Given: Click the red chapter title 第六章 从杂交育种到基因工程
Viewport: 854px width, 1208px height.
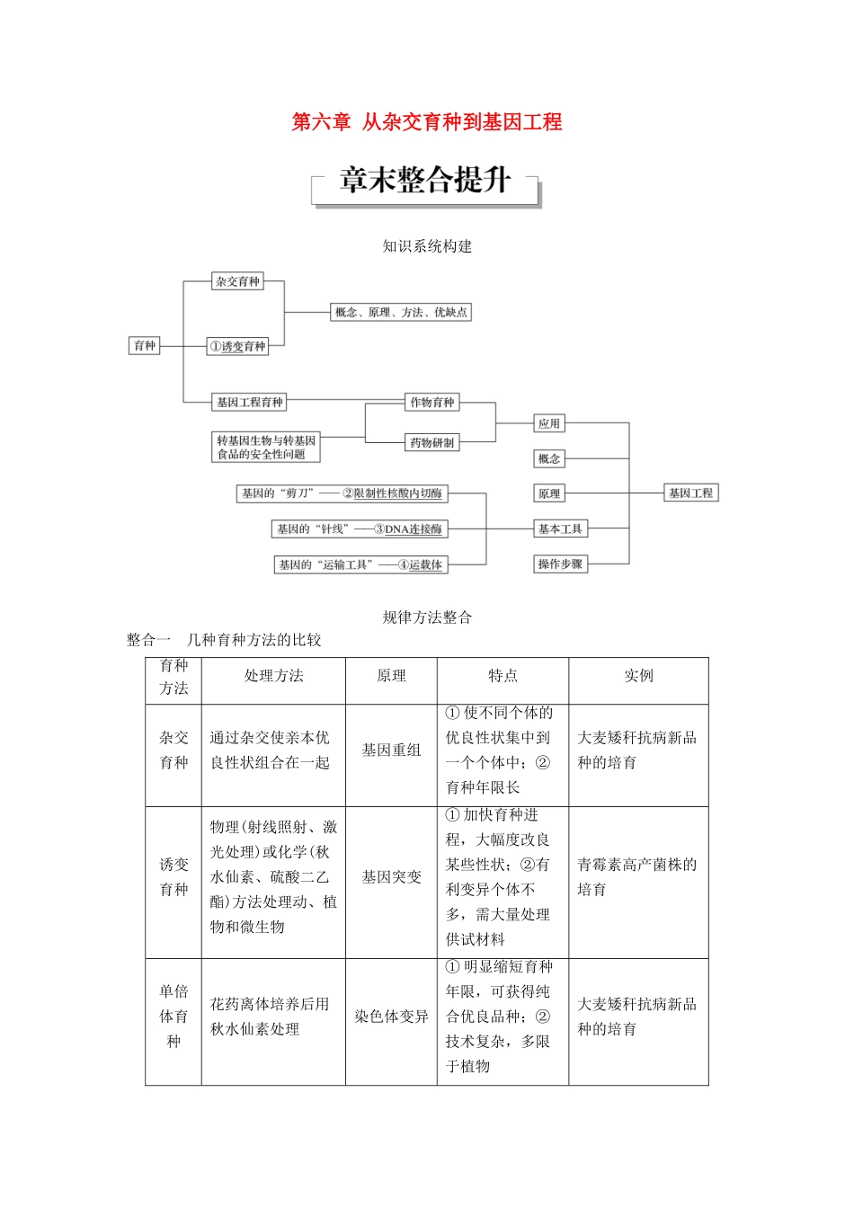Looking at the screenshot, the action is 427,122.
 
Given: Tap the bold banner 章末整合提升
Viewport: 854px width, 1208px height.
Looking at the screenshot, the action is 425,181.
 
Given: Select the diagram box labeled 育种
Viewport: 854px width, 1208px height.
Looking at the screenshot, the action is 145,346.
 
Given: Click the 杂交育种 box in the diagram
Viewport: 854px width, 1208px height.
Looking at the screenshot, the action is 237,281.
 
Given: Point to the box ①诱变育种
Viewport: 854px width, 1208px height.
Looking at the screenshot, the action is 237,347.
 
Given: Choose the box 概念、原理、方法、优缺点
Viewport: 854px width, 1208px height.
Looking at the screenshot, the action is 401,313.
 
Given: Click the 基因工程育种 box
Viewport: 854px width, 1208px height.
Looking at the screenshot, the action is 249,403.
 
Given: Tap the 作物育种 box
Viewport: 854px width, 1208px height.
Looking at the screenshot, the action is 432,403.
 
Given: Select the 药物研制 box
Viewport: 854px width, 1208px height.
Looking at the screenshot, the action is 432,442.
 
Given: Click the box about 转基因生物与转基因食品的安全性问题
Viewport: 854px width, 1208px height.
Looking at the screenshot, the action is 266,448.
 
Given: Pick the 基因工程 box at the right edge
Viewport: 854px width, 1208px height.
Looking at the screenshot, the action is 690,493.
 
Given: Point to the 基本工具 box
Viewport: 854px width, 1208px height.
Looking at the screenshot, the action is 560,529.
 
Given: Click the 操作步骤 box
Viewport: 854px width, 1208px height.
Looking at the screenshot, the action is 560,564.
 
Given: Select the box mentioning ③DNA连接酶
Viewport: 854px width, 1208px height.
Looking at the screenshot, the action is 360,529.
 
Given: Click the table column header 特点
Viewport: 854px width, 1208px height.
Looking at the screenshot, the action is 503,676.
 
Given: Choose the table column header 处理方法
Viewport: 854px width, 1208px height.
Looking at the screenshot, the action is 273,676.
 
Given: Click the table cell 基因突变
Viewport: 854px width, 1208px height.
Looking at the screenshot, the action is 391,877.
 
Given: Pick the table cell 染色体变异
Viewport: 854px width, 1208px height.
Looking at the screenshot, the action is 391,1017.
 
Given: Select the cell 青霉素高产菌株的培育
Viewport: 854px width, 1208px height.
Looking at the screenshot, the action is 636,877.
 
